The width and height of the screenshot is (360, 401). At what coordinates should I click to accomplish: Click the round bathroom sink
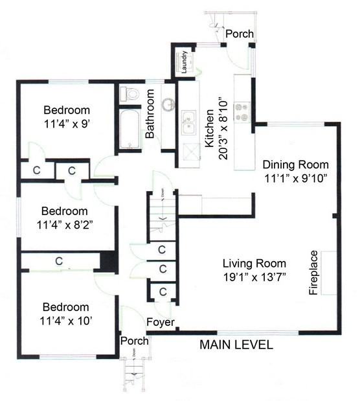pyautogui.click(x=169, y=104)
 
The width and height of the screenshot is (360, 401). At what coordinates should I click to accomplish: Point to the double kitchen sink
pyautogui.click(x=190, y=121)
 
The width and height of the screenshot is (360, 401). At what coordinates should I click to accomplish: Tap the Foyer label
pyautogui.click(x=159, y=322)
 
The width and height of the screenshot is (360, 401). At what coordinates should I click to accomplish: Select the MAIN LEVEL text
pyautogui.click(x=235, y=345)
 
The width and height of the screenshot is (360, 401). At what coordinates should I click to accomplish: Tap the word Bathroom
pyautogui.click(x=150, y=114)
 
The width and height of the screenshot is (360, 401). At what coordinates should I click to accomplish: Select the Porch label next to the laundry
pyautogui.click(x=240, y=34)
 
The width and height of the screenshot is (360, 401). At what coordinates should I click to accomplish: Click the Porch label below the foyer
pyautogui.click(x=134, y=341)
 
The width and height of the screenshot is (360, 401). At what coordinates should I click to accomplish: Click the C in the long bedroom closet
pyautogui.click(x=58, y=262)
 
